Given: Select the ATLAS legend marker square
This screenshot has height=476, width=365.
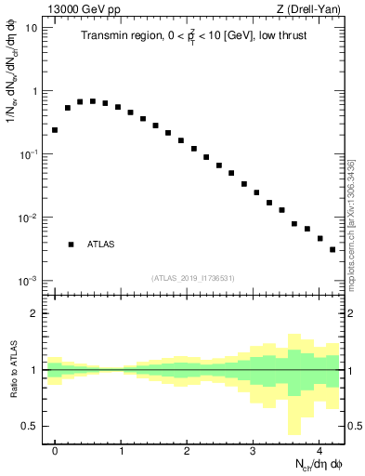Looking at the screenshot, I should click(x=71, y=245).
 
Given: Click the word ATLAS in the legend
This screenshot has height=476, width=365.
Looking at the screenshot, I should click(x=101, y=245).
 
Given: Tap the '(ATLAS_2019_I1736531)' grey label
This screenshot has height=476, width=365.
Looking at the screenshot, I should click(x=193, y=278).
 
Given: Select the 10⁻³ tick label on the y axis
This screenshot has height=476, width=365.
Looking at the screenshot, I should click(x=29, y=281).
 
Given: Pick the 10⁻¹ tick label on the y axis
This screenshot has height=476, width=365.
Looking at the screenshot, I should click(x=29, y=154).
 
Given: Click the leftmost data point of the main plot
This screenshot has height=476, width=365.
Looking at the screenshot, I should click(x=55, y=130).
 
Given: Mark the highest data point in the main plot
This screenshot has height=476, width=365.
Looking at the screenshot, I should click(x=92, y=100).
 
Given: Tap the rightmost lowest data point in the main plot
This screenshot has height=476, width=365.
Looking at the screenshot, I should click(x=332, y=249).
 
